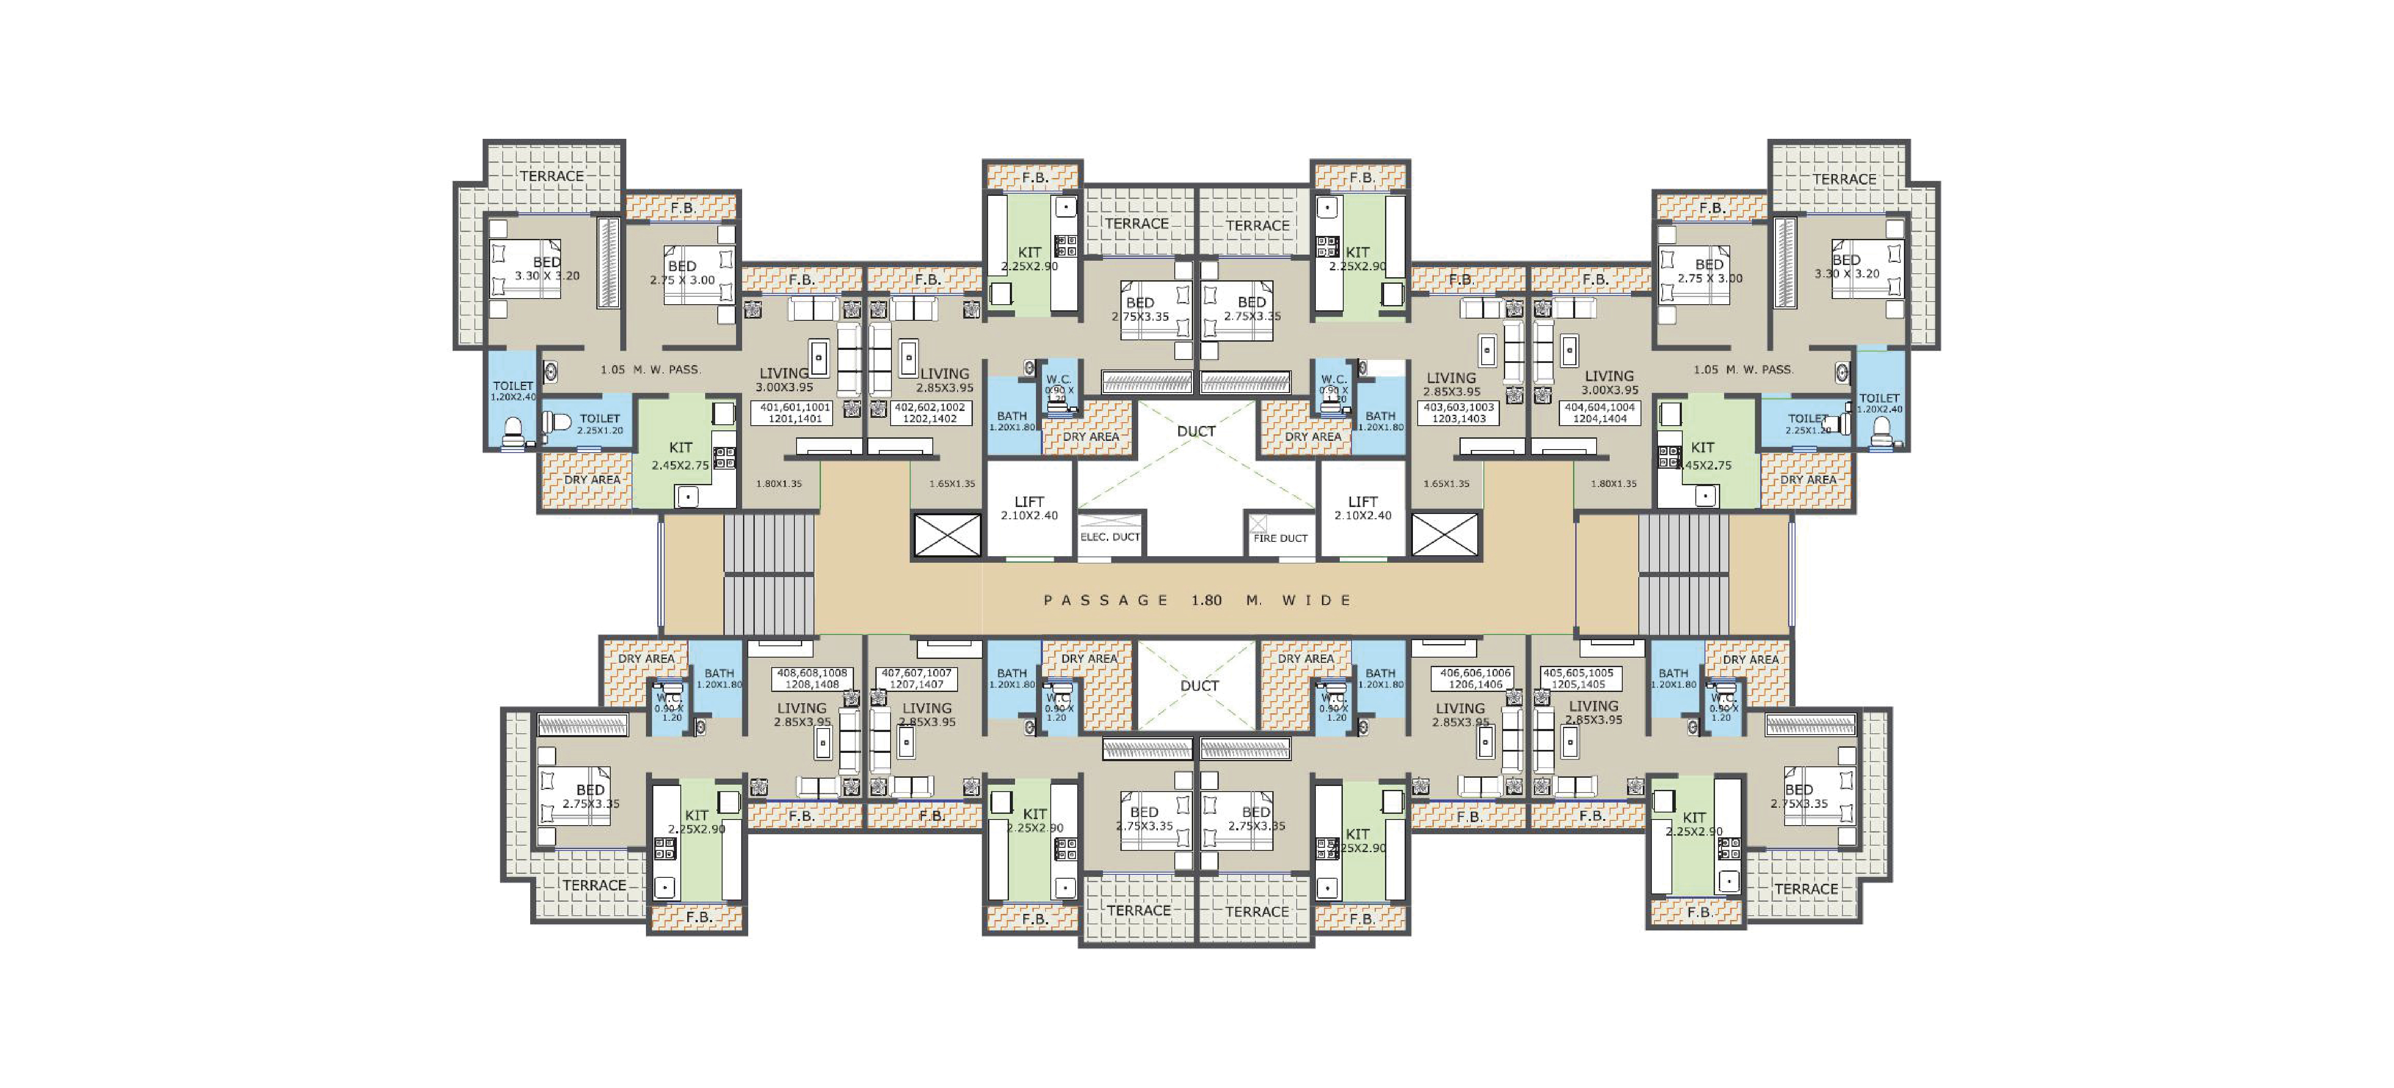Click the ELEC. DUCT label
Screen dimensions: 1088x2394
[x=1110, y=537]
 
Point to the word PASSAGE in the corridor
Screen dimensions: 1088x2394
[x=1106, y=600]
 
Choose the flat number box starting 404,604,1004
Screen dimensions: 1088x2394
[x=1600, y=413]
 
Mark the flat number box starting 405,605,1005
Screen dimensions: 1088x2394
[x=1578, y=678]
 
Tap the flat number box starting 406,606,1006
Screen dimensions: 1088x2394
[x=1476, y=678]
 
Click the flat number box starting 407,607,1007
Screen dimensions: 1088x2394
[x=916, y=678]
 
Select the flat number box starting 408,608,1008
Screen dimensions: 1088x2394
[x=812, y=678]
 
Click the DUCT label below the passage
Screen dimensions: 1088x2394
[x=1199, y=686]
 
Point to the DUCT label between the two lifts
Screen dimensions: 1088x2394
[x=1196, y=431]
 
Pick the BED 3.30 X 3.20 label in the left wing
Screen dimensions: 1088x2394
[x=546, y=269]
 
